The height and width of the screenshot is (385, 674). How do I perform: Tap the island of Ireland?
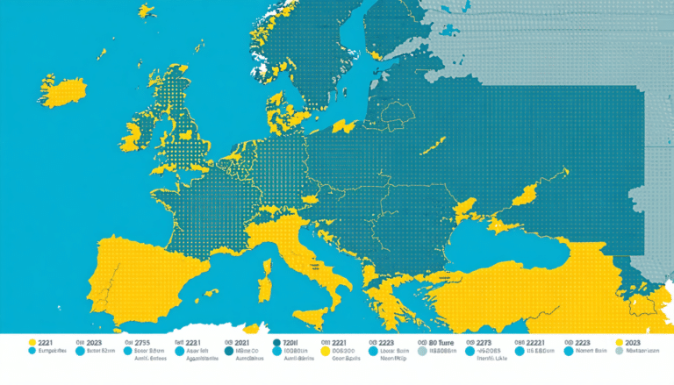pyautogui.click(x=132, y=137)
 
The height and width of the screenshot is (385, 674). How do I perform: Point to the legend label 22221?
pyautogui.click(x=536, y=343)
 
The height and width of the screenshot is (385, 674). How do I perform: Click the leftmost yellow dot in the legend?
pyautogui.click(x=32, y=342)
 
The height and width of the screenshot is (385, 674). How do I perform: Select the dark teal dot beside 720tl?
pyautogui.click(x=276, y=343)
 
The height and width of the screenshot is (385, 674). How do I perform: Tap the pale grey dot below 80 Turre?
pyautogui.click(x=421, y=351)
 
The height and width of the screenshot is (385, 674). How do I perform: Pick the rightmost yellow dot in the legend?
pyautogui.click(x=620, y=342)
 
